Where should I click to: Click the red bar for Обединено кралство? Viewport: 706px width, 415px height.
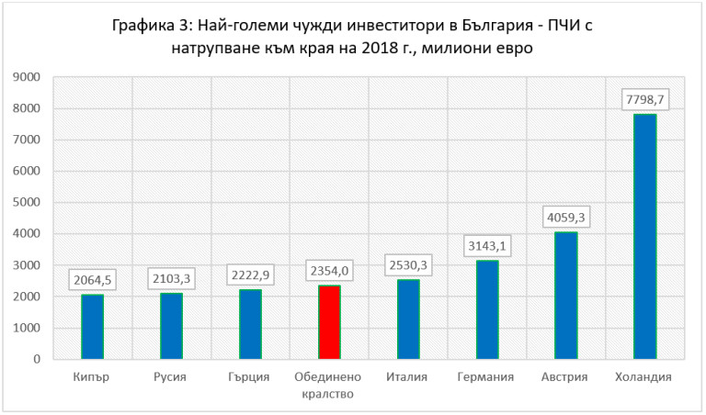pyautogui.click(x=329, y=322)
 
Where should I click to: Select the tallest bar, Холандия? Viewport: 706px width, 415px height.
pyautogui.click(x=645, y=236)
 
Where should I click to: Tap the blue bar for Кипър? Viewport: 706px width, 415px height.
pyautogui.click(x=92, y=327)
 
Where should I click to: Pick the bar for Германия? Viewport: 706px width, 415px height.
pyautogui.click(x=487, y=309)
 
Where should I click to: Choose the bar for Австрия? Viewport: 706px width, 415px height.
pyautogui.click(x=566, y=296)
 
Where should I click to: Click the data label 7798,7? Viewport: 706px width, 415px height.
pyautogui.click(x=644, y=95)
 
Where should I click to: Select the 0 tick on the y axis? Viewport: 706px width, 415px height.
pyautogui.click(x=38, y=359)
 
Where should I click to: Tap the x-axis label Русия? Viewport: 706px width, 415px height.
pyautogui.click(x=171, y=377)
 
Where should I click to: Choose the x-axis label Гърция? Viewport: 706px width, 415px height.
pyautogui.click(x=250, y=377)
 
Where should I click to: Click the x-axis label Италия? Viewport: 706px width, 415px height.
pyautogui.click(x=408, y=377)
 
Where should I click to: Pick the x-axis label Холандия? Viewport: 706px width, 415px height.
pyautogui.click(x=644, y=377)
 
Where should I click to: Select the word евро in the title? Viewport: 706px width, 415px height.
pyautogui.click(x=512, y=48)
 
